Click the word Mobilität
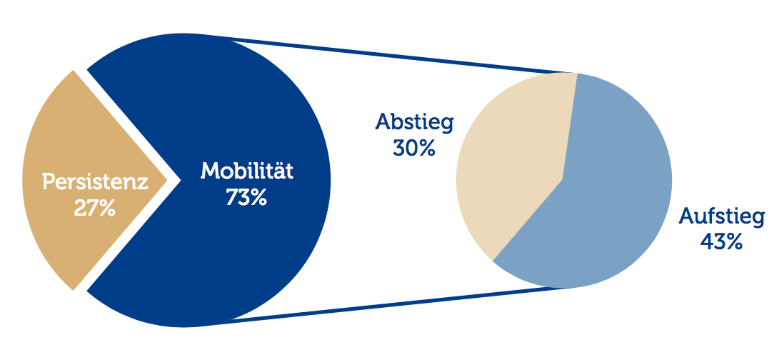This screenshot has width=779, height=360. (247, 171)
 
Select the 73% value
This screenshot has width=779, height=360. (246, 197)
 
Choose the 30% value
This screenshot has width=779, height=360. (414, 148)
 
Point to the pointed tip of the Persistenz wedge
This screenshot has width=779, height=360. (168, 179)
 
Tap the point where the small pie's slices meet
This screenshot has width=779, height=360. (563, 179)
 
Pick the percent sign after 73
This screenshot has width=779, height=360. (259, 197)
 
